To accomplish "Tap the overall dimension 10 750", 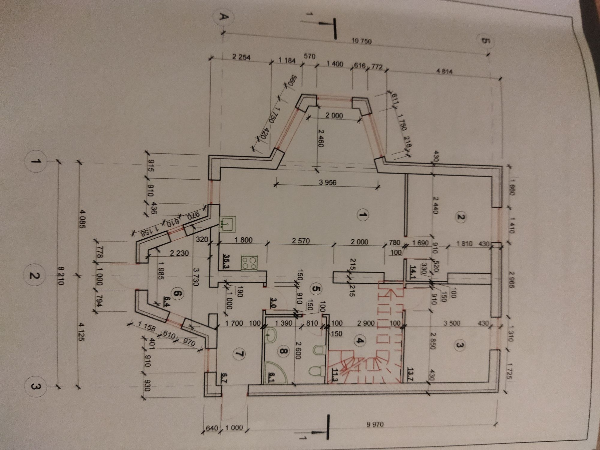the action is tap(362, 41).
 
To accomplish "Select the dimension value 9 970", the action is tap(375, 424).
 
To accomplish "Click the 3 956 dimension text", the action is tap(327, 182).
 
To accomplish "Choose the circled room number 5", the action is tap(316, 289).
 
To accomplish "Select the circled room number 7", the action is tap(240, 354).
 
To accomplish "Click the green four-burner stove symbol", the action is tap(249, 262).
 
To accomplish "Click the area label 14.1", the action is tap(413, 269).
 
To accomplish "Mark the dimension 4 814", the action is tap(444, 72).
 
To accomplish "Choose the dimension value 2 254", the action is tap(241, 57).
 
